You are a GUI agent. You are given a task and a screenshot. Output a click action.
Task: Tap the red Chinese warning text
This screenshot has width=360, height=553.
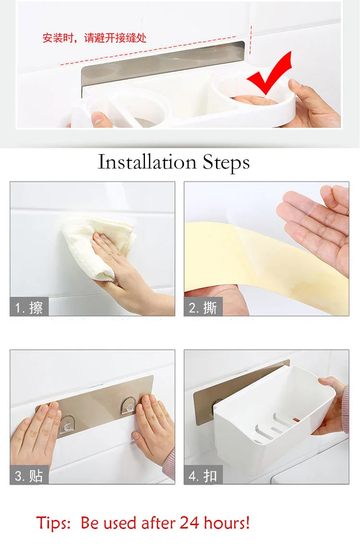coord(94,38)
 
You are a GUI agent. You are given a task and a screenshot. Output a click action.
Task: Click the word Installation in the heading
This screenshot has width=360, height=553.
coord(147,162)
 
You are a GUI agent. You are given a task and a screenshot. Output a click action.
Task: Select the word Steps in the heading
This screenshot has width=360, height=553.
coord(226,163)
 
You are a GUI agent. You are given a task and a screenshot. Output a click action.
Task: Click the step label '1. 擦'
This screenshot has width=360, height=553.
coord(29,308)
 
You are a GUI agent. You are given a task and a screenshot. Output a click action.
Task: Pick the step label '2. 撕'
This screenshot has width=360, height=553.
coord(203,308)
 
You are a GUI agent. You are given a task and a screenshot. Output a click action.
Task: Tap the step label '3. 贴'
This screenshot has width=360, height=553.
coord(29,476)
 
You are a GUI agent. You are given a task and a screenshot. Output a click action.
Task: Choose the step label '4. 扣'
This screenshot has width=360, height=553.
coord(203,476)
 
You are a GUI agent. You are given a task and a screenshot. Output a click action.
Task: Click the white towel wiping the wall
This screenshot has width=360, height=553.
coord(97,247)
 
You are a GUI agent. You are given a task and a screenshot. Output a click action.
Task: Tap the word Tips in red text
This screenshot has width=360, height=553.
coord(53,523)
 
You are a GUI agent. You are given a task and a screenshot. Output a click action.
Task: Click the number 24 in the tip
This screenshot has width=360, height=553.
coord(189,522)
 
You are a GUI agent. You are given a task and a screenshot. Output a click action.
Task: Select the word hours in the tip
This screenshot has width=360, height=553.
coord(224,522)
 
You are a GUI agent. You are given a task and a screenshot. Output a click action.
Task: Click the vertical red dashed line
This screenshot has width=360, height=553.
coord(251,39)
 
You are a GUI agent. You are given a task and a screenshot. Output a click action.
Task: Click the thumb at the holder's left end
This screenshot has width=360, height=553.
coord(100,119)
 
